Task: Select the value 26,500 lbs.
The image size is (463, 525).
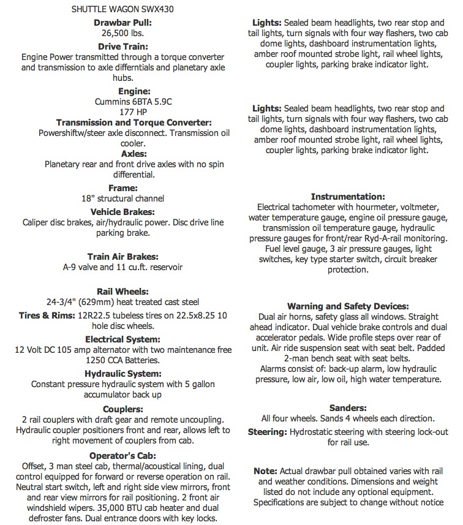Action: click(122, 34)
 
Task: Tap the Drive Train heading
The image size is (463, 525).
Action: click(122, 45)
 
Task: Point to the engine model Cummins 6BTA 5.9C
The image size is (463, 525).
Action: click(122, 101)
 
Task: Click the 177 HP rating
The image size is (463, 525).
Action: click(122, 112)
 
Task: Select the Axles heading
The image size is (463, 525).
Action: click(122, 154)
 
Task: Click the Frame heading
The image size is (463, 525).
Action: click(122, 188)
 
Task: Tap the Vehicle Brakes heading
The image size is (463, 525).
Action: click(122, 211)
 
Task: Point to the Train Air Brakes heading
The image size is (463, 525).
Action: click(122, 257)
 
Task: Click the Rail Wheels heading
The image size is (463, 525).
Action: click(122, 291)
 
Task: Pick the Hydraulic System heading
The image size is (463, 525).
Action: click(122, 373)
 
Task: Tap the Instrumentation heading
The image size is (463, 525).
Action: click(347, 197)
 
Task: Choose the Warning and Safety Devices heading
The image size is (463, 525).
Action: click(347, 306)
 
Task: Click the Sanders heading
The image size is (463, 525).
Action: click(347, 407)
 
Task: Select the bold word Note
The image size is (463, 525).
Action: click(265, 471)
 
